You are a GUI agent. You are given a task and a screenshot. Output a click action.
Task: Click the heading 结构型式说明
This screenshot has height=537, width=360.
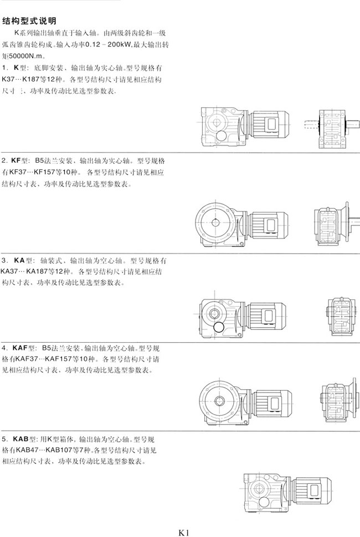coord(29,21)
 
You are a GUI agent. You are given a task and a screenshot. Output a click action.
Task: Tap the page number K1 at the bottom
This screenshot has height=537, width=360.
coord(184,532)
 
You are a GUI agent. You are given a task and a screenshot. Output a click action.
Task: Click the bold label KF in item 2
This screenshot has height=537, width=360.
coord(16,161)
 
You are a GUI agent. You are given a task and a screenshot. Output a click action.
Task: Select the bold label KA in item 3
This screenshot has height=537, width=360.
coord(19,260)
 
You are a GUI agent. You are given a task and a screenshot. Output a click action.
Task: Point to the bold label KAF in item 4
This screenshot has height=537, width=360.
coord(20,348)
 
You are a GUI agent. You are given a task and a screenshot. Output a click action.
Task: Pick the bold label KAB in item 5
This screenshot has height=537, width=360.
coord(20,439)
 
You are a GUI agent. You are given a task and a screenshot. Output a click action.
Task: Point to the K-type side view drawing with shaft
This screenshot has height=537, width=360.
coord(332,128)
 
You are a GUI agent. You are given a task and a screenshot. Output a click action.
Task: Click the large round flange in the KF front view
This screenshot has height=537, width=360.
coord(215,223)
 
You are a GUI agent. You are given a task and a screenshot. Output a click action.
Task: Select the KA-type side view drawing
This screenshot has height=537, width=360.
coord(342,316)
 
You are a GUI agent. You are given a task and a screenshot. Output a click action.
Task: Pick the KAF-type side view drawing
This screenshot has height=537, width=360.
coord(340,403)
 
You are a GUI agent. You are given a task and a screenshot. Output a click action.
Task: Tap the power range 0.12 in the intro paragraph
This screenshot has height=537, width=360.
coord(92,44)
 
